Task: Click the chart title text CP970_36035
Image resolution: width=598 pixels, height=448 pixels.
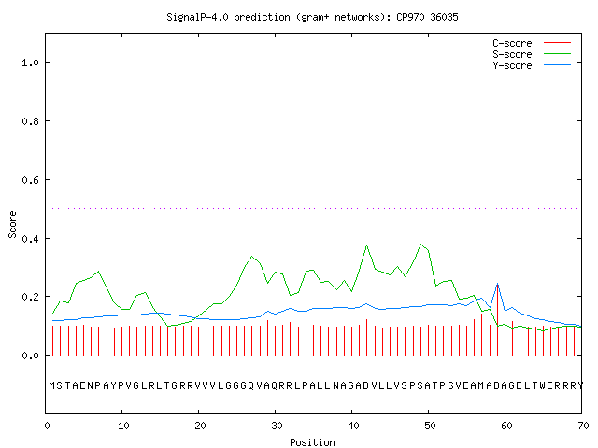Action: tap(427, 17)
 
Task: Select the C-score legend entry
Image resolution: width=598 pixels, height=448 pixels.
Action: tap(532, 43)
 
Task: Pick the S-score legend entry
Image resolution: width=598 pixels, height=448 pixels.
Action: tap(532, 54)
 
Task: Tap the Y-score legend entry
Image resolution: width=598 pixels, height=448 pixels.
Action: tap(532, 65)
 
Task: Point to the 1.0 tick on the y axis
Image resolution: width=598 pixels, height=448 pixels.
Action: tap(30, 63)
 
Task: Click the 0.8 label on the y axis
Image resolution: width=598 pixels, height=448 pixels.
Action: tap(30, 121)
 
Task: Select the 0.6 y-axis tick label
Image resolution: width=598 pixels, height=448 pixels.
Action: tap(30, 180)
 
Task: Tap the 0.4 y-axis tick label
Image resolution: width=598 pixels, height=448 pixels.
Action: tap(30, 239)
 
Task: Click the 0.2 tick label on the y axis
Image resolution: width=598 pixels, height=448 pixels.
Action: tap(30, 297)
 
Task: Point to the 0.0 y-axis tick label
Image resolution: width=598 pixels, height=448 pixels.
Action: tap(30, 356)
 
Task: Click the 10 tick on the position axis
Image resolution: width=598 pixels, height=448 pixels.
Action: tap(123, 426)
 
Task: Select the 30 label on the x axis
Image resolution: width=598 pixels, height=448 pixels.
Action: tap(277, 426)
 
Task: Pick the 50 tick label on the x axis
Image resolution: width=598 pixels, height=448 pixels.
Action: tap(430, 426)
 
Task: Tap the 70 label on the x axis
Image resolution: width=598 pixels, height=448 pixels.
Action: tap(583, 426)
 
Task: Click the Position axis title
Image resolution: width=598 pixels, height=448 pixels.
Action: tap(312, 442)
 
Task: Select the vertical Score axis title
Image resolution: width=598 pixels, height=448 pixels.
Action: tap(12, 224)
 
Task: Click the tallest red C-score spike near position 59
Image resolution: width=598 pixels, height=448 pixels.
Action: tap(497, 320)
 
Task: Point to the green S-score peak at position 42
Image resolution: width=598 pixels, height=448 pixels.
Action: tap(366, 245)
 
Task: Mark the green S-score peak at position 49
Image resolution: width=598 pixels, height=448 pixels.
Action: tap(420, 245)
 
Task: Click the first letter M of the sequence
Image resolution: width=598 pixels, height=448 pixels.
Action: tap(52, 385)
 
